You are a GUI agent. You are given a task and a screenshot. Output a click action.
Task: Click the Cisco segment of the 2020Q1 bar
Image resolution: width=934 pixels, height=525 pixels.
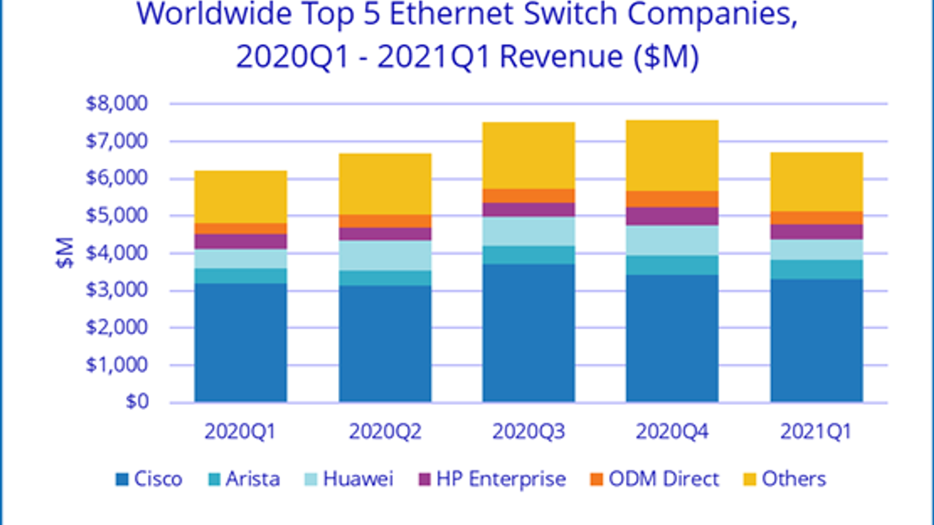(241, 342)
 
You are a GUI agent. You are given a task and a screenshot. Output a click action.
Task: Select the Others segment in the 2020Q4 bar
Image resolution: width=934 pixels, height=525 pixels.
(672, 155)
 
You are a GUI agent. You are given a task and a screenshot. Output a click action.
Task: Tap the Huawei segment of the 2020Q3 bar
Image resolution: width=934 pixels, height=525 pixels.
(528, 232)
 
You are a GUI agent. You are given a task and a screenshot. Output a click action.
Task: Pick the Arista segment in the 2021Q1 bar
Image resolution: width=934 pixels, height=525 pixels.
(816, 269)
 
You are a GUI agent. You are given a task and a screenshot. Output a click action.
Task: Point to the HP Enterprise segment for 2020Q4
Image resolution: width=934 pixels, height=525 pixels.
(672, 216)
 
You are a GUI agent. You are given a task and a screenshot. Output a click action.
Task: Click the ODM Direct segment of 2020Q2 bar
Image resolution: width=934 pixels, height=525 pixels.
(385, 221)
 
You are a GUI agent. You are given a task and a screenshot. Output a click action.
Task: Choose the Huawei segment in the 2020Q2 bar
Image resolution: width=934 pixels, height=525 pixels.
(385, 256)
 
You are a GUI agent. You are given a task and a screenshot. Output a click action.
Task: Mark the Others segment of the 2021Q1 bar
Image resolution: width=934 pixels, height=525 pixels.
(816, 181)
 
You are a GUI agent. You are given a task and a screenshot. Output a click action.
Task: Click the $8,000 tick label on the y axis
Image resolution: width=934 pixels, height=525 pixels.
(117, 104)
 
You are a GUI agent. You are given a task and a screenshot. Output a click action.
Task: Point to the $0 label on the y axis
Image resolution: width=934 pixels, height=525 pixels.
(137, 402)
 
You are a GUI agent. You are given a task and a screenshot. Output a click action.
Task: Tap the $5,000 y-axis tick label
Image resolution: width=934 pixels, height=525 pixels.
(117, 215)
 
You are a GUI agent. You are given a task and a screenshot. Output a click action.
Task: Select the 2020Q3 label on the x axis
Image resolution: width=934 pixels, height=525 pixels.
(528, 432)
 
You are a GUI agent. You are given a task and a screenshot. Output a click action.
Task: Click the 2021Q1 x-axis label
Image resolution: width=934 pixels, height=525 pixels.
(816, 432)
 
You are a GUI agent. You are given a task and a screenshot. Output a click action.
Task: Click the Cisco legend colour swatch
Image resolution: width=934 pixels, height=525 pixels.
(122, 480)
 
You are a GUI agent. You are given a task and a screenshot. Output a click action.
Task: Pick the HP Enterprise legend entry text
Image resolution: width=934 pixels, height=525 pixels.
(501, 479)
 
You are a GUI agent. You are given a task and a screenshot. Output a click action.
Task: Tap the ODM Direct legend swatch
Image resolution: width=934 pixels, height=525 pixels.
(596, 480)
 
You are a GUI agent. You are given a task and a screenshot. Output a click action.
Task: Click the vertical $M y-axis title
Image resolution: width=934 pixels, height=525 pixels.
(65, 253)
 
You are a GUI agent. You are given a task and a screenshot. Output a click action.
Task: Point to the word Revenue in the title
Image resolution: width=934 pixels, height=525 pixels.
(562, 57)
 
